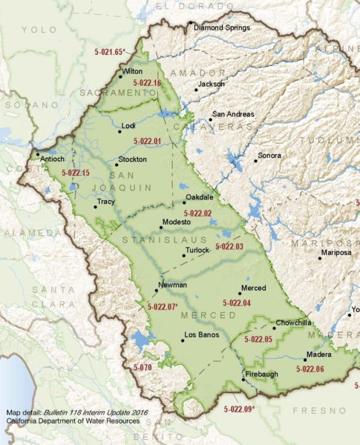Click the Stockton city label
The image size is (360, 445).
pyautogui.click(x=133, y=159)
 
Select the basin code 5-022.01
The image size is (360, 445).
pyautogui.click(x=146, y=140)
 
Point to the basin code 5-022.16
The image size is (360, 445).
pyautogui.click(x=146, y=83)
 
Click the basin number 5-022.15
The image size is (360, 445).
pyautogui.click(x=75, y=173)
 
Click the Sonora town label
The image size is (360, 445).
pyautogui.click(x=269, y=156)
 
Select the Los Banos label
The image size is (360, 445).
pyautogui.click(x=200, y=342)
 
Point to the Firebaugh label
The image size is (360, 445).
pyautogui.click(x=261, y=374)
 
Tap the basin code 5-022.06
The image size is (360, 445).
pyautogui.click(x=310, y=368)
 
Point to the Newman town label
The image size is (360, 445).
pyautogui.click(x=172, y=285)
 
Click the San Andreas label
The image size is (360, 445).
pyautogui.click(x=233, y=115)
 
